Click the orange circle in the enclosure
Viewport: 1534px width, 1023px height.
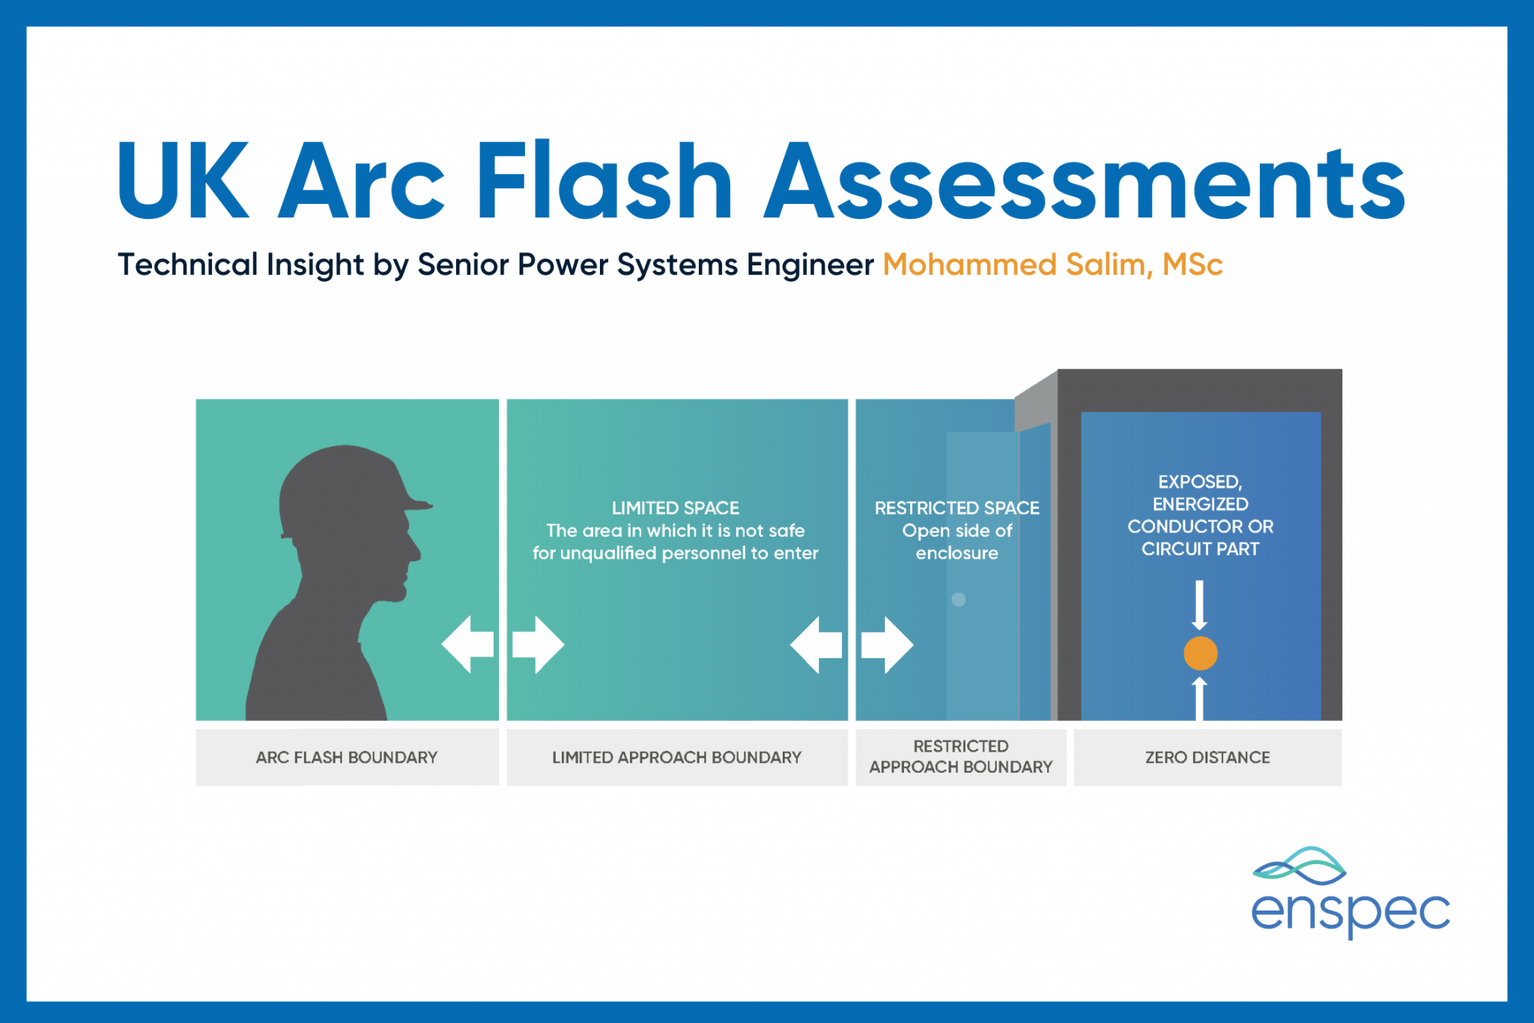1200,653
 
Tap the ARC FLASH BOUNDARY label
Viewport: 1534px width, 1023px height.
347,758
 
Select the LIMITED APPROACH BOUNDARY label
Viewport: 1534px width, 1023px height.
676,758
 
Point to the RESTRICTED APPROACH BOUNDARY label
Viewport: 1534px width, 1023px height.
961,757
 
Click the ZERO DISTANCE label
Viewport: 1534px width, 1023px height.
1207,758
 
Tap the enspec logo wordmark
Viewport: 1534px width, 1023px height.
1350,912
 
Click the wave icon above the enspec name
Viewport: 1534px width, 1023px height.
1300,866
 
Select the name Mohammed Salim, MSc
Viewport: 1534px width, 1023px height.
1052,265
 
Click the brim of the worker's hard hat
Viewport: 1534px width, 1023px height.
417,504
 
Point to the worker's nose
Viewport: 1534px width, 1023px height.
414,554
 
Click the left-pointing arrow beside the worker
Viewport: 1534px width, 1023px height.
468,644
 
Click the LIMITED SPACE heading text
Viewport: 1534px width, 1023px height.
676,508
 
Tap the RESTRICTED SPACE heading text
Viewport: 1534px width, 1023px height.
957,508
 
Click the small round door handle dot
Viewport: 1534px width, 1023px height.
959,600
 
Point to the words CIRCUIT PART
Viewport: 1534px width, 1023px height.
1200,549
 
